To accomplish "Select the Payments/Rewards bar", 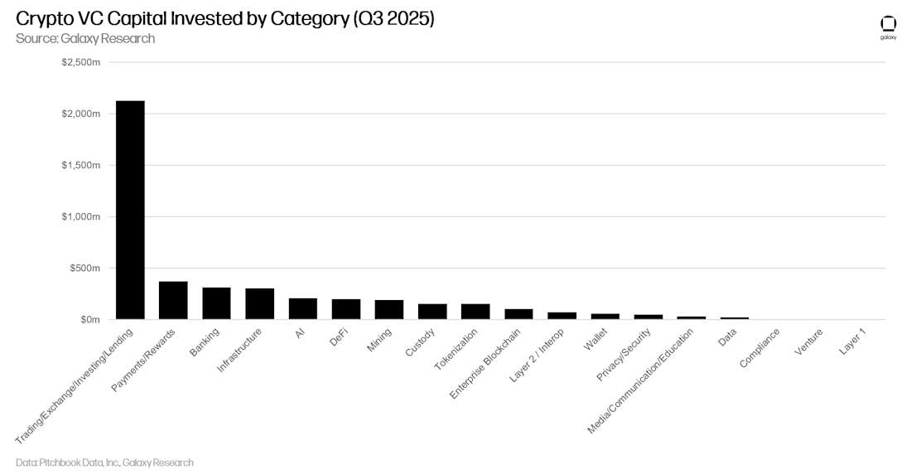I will click(173, 300).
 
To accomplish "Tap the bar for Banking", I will click(216, 303).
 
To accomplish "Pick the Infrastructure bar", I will click(259, 303).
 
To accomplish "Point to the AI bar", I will click(302, 308).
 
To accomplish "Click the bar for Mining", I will click(389, 309).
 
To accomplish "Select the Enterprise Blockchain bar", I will click(518, 314).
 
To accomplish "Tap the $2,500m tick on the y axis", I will click(80, 62).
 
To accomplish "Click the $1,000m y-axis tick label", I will click(80, 216).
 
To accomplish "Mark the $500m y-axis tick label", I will click(84, 268).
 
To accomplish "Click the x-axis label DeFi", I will click(339, 338).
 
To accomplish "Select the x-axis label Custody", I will click(420, 344).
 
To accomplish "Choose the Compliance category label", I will click(758, 349).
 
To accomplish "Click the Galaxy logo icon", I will click(888, 24).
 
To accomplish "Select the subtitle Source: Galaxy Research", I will click(84, 39).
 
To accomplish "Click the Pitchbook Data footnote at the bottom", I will click(104, 463).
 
